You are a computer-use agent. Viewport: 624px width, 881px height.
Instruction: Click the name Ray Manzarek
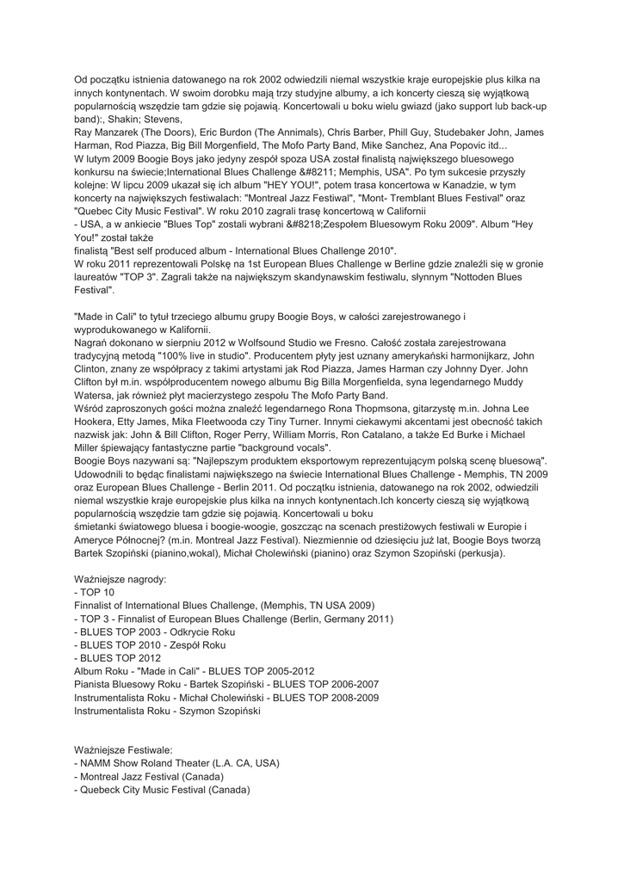(108, 132)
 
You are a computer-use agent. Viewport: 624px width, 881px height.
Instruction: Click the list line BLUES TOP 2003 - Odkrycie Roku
(154, 631)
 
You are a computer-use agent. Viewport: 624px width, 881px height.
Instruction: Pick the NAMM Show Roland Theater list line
(176, 762)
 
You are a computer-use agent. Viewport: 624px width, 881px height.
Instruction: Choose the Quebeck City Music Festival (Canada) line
(163, 789)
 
